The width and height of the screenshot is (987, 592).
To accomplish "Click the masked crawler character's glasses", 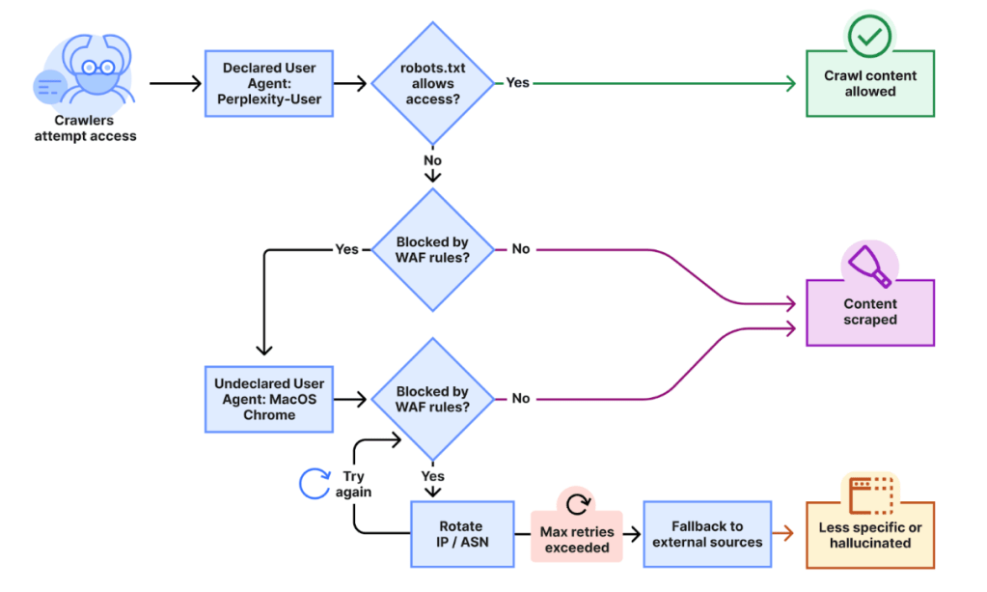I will (101, 67).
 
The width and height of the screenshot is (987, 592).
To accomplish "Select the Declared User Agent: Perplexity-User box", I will (268, 84).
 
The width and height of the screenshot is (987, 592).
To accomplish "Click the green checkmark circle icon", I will (870, 36).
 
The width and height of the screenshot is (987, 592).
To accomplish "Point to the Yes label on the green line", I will (518, 83).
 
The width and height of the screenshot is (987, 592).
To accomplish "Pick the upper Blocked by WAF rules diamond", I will (433, 249).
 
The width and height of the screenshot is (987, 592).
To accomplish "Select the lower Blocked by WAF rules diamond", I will (433, 399).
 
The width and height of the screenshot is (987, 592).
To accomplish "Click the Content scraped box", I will (870, 312).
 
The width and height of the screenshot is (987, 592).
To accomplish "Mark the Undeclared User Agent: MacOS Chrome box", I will (268, 399).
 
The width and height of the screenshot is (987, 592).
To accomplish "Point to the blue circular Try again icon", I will (315, 483).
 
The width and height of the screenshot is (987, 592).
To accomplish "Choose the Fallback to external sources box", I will (707, 534).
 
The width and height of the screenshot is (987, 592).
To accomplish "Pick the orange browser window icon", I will (870, 493).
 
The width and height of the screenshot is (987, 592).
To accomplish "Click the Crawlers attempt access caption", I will (86, 128).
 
